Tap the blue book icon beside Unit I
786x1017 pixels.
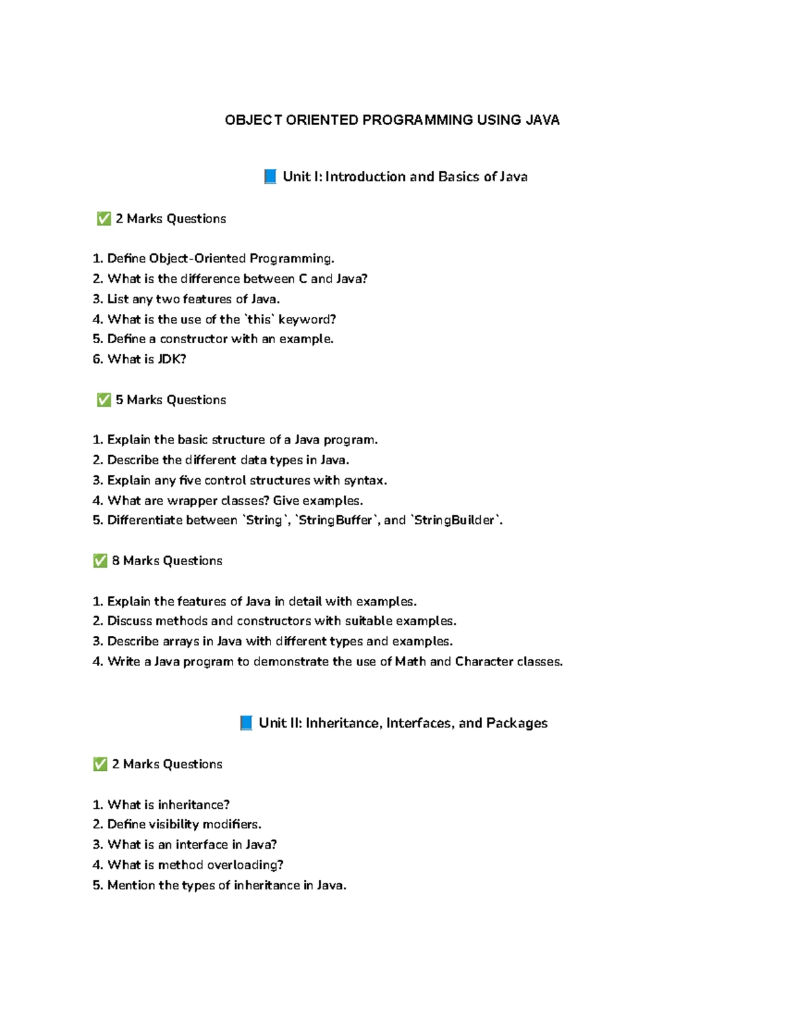coord(270,176)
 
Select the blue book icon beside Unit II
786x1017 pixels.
coord(246,723)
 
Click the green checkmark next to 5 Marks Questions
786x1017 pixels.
coord(103,400)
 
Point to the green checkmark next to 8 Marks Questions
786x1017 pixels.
coord(100,561)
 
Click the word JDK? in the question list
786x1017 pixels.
coord(172,359)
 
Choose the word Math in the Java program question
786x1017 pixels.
coord(410,661)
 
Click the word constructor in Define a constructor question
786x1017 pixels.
coord(193,339)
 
